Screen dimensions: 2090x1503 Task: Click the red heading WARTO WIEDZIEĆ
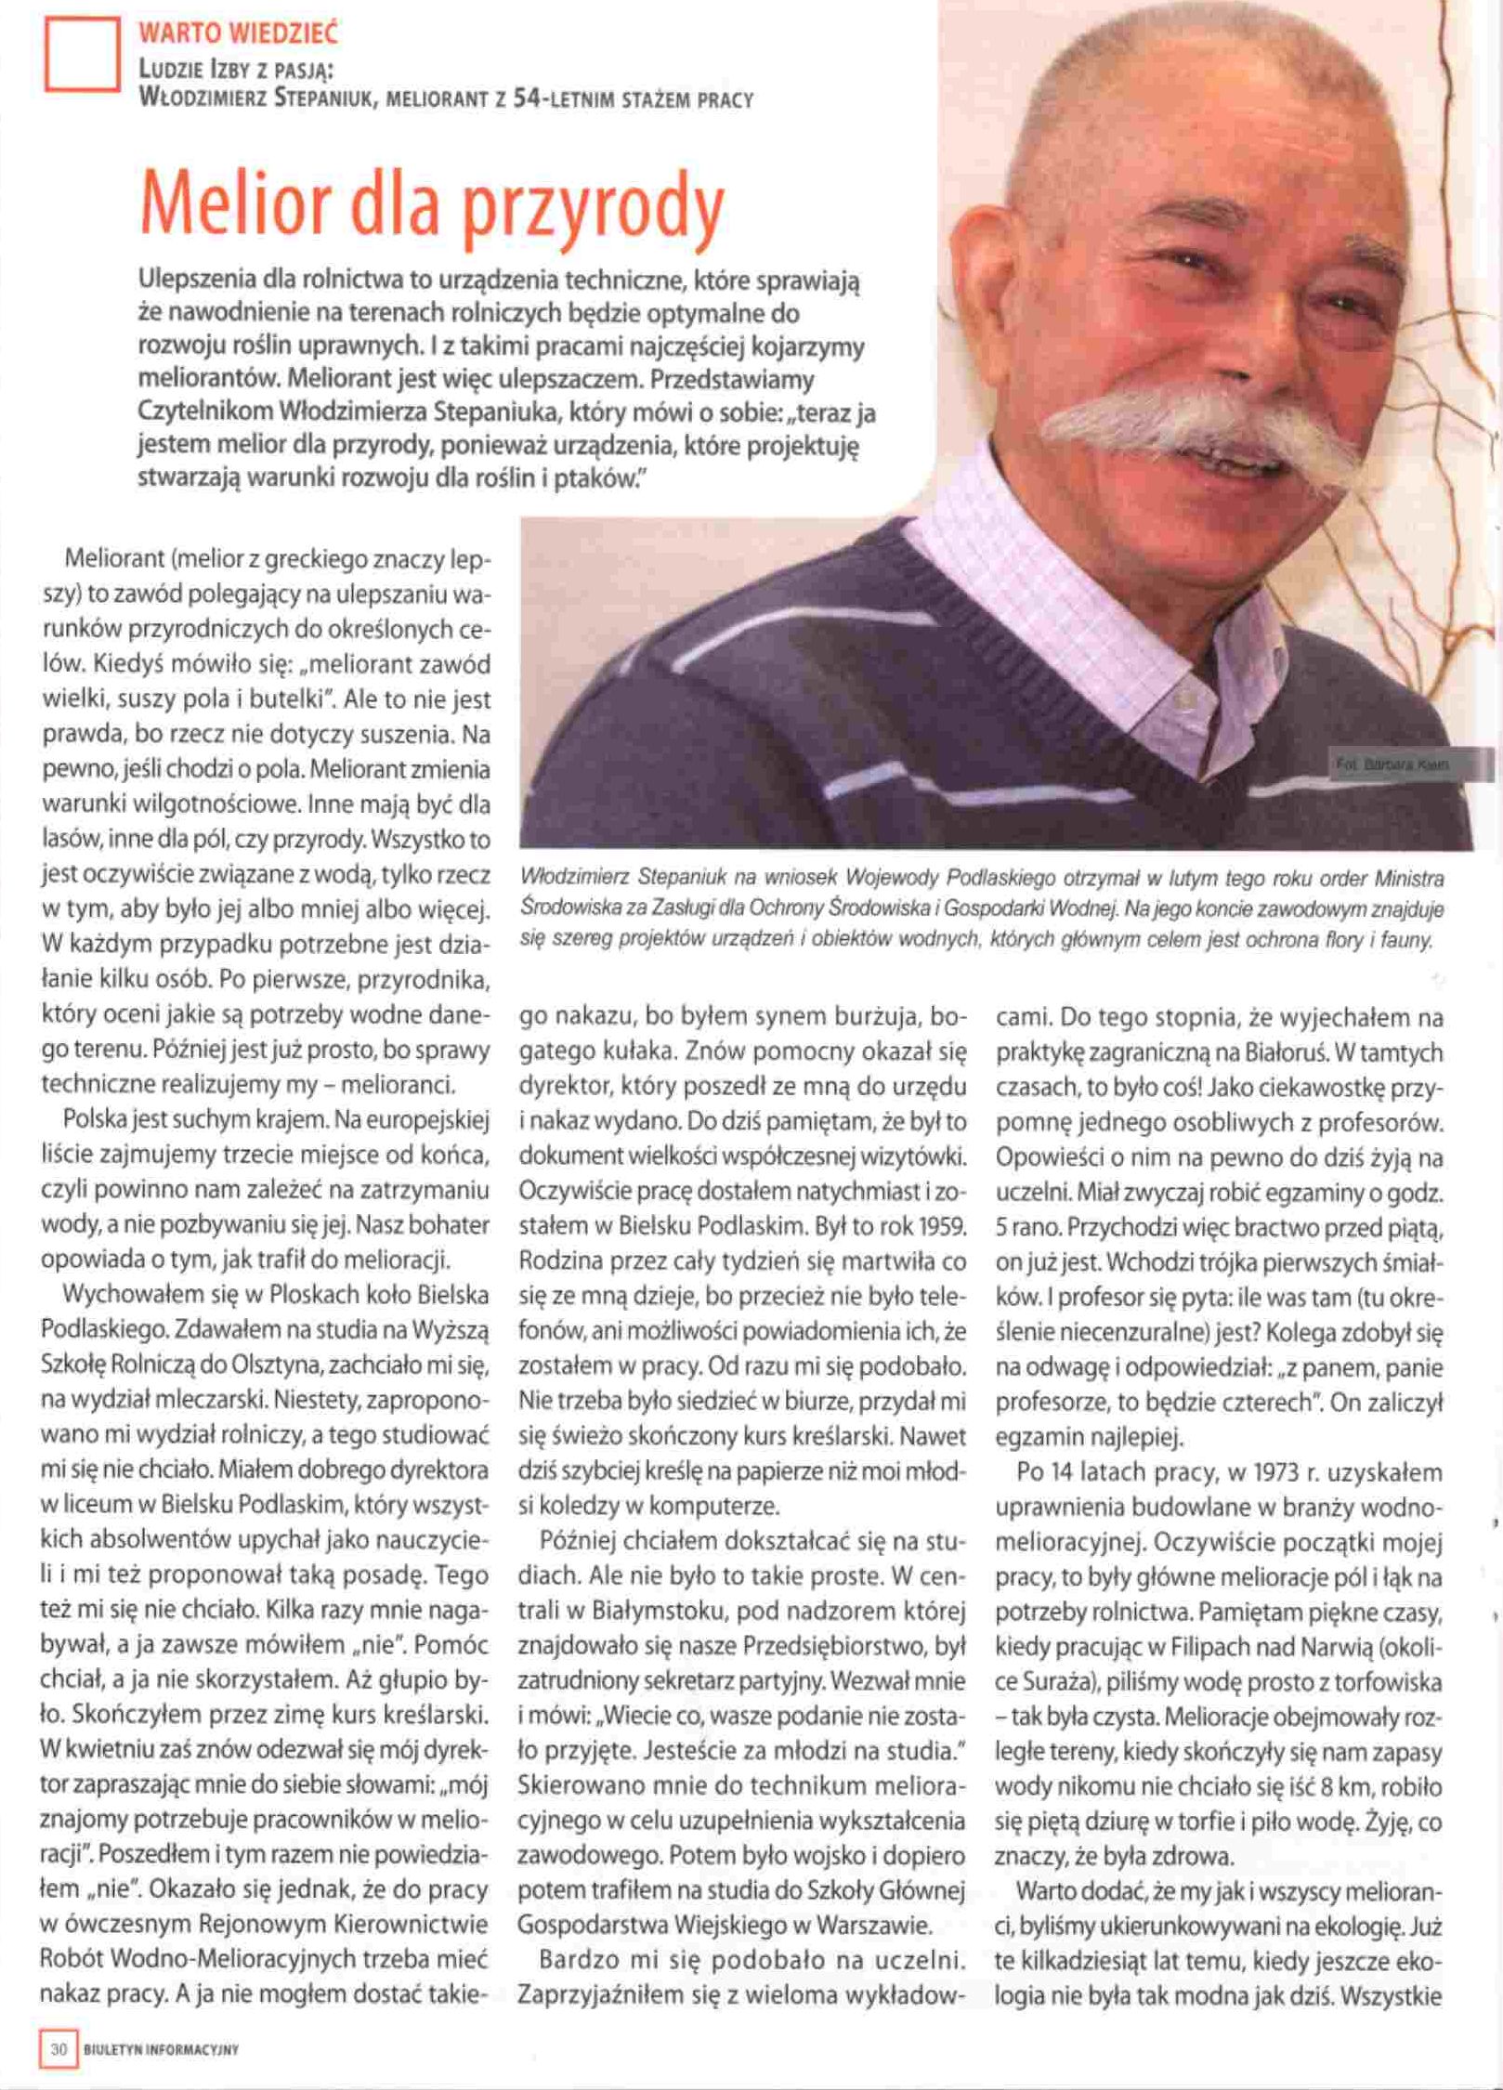pyautogui.click(x=238, y=35)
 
